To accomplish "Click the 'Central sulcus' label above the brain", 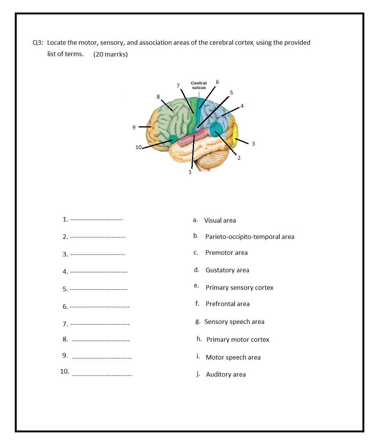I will [198, 85].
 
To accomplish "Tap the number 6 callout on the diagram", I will [217, 82].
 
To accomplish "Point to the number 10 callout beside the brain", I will [139, 147].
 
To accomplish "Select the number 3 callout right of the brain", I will [254, 144].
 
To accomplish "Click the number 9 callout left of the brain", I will [134, 127].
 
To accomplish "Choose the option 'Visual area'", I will [220, 220].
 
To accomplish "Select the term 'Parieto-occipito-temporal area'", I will [250, 237].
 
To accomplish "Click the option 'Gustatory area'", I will [227, 270].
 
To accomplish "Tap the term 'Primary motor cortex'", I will [238, 339].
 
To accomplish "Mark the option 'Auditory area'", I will [226, 374].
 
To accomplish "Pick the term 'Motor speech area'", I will [233, 357].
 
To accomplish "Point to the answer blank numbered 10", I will [102, 375].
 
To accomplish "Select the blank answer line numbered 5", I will [99, 290].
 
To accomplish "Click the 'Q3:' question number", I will [38, 43].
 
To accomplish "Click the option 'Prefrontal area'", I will [227, 304].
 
